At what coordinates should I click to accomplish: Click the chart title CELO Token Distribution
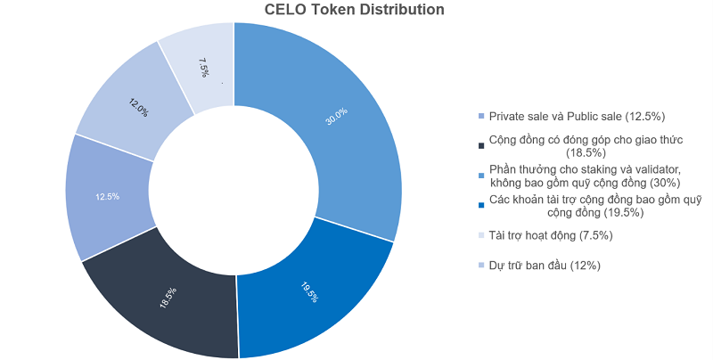[x=355, y=10]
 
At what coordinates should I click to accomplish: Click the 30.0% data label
[x=336, y=117]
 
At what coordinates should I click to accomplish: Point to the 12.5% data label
[x=107, y=196]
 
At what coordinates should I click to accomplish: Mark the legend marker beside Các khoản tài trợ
[x=481, y=206]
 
